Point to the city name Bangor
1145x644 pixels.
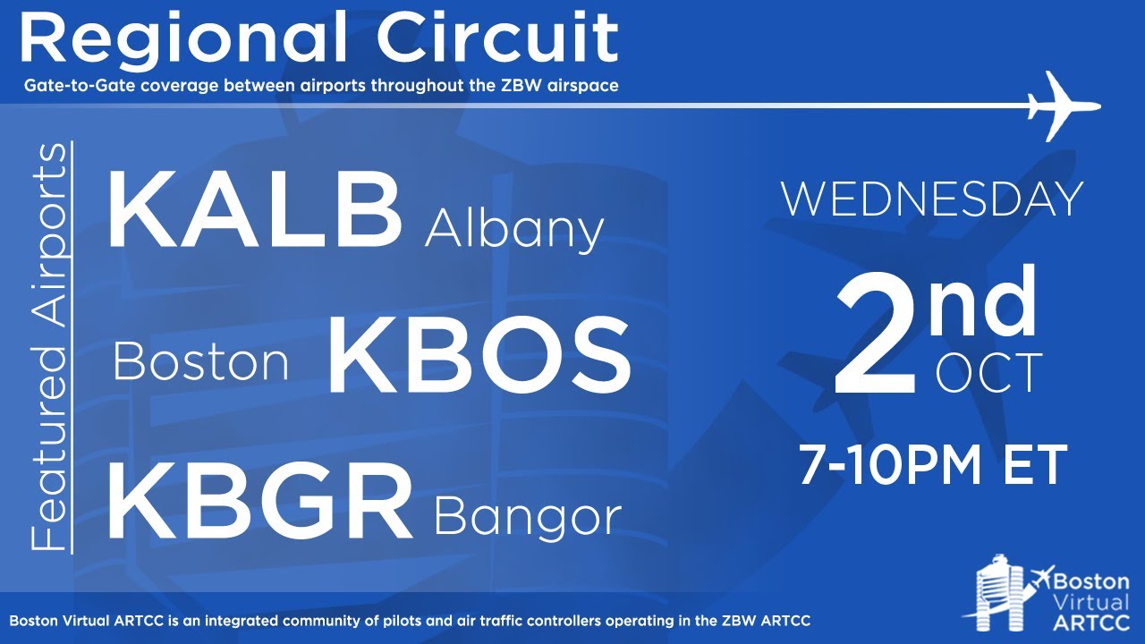pyautogui.click(x=528, y=517)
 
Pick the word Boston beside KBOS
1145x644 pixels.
pyautogui.click(x=201, y=363)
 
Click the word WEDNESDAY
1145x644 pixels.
pyautogui.click(x=932, y=199)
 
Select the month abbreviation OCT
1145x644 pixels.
pyautogui.click(x=989, y=374)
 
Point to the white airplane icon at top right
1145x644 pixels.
pyautogui.click(x=1064, y=106)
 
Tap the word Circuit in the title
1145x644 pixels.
pyautogui.click(x=497, y=38)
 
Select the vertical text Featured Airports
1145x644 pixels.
pyautogui.click(x=50, y=346)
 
